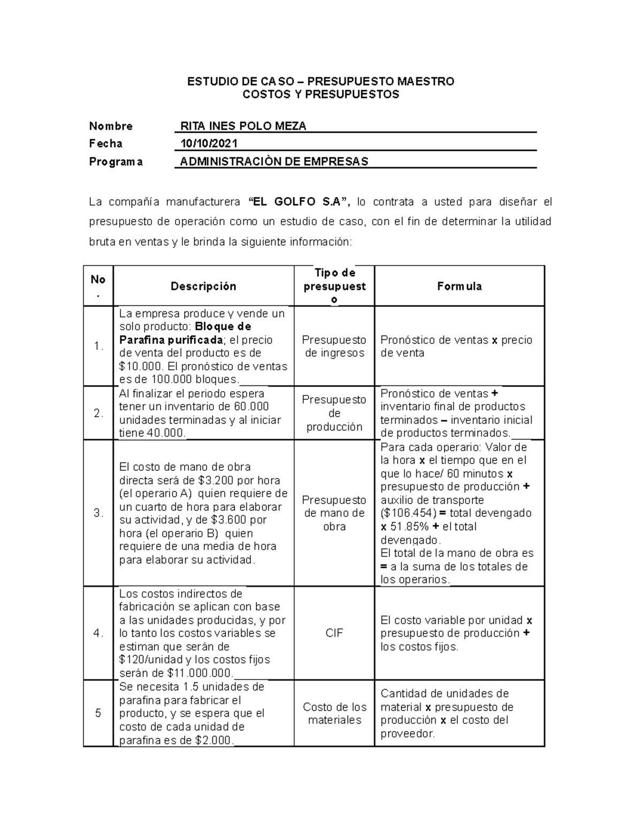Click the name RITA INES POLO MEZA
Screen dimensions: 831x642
tap(243, 126)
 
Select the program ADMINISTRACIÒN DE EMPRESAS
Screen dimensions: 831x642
tap(274, 161)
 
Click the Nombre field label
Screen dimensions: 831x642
tap(111, 126)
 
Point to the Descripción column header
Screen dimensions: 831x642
tap(203, 286)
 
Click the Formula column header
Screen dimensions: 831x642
tap(459, 286)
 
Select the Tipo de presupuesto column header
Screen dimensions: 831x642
tap(334, 286)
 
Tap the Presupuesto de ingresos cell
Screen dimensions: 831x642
tap(334, 346)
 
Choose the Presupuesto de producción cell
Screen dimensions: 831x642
tap(334, 413)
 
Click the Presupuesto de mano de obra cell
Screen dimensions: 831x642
tap(334, 513)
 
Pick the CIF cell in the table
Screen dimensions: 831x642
tap(334, 633)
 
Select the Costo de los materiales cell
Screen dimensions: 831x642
tap(334, 713)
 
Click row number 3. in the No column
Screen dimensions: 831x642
tap(98, 513)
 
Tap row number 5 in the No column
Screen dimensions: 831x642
tap(98, 713)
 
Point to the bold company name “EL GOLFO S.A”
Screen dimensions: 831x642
tap(299, 202)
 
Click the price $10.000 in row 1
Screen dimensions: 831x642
tap(140, 367)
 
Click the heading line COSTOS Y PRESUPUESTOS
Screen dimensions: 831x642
tap(320, 95)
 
